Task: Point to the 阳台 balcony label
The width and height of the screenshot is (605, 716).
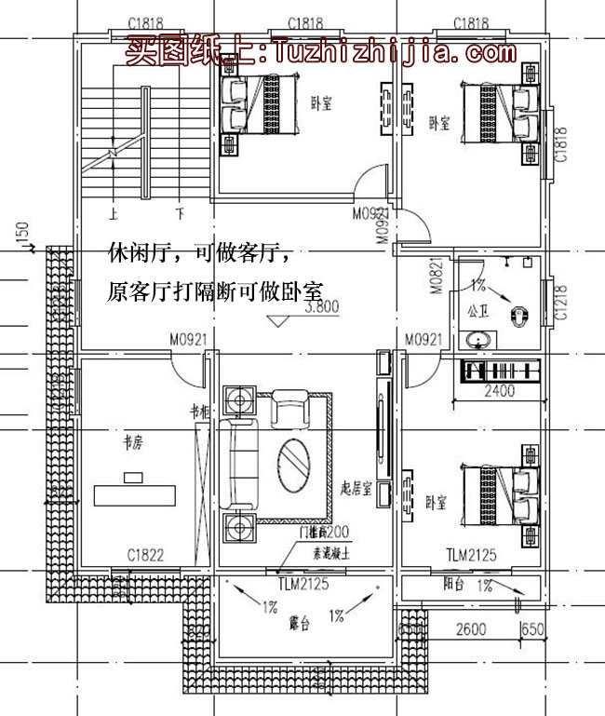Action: pyautogui.click(x=454, y=586)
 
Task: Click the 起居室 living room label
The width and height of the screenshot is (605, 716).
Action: pyautogui.click(x=357, y=489)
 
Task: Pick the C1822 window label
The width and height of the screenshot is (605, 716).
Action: pyautogui.click(x=146, y=556)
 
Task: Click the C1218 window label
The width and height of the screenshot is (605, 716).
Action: pyautogui.click(x=560, y=303)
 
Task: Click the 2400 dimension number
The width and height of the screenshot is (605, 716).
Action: pyautogui.click(x=499, y=392)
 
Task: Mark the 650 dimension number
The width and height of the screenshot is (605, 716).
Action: pyautogui.click(x=532, y=629)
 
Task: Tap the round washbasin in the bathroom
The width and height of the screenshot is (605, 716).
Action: pyautogui.click(x=479, y=341)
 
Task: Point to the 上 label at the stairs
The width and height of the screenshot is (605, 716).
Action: pyautogui.click(x=114, y=213)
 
